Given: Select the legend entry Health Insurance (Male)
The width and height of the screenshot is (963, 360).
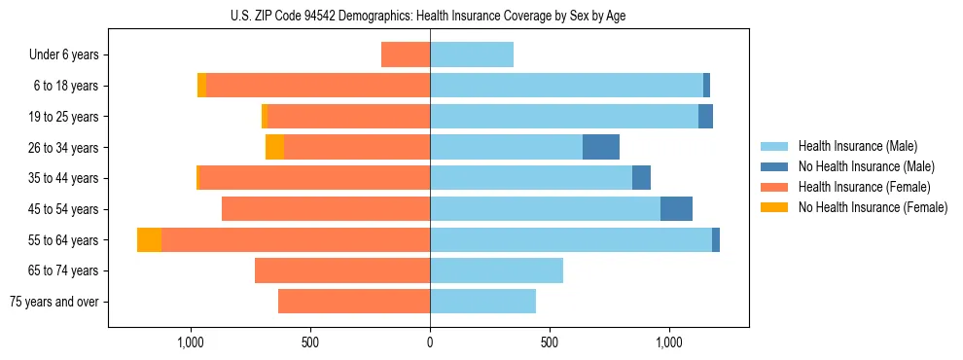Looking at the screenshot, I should (x=856, y=146).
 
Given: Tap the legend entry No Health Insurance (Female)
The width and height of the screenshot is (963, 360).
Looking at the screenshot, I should (x=873, y=207).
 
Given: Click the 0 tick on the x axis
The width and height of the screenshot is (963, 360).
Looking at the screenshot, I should (x=430, y=343).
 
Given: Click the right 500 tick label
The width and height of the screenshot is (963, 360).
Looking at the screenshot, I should (x=550, y=343).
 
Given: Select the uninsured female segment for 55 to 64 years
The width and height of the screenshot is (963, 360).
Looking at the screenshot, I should (x=149, y=239).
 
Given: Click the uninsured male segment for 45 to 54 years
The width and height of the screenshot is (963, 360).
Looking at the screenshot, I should (x=676, y=209).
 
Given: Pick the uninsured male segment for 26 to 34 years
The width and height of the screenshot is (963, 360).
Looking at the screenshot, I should (x=601, y=147).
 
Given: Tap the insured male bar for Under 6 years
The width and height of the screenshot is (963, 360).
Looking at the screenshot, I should (x=472, y=54).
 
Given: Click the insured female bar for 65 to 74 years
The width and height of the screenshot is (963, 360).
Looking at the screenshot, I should (x=342, y=270).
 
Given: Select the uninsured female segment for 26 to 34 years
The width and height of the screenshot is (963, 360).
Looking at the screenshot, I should (x=274, y=147).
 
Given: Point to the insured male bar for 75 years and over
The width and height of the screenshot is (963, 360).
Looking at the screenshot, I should (x=482, y=302).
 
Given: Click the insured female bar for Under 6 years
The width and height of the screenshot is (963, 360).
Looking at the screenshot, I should (x=406, y=54).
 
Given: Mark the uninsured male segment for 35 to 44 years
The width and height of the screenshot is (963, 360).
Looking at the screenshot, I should (x=641, y=178).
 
